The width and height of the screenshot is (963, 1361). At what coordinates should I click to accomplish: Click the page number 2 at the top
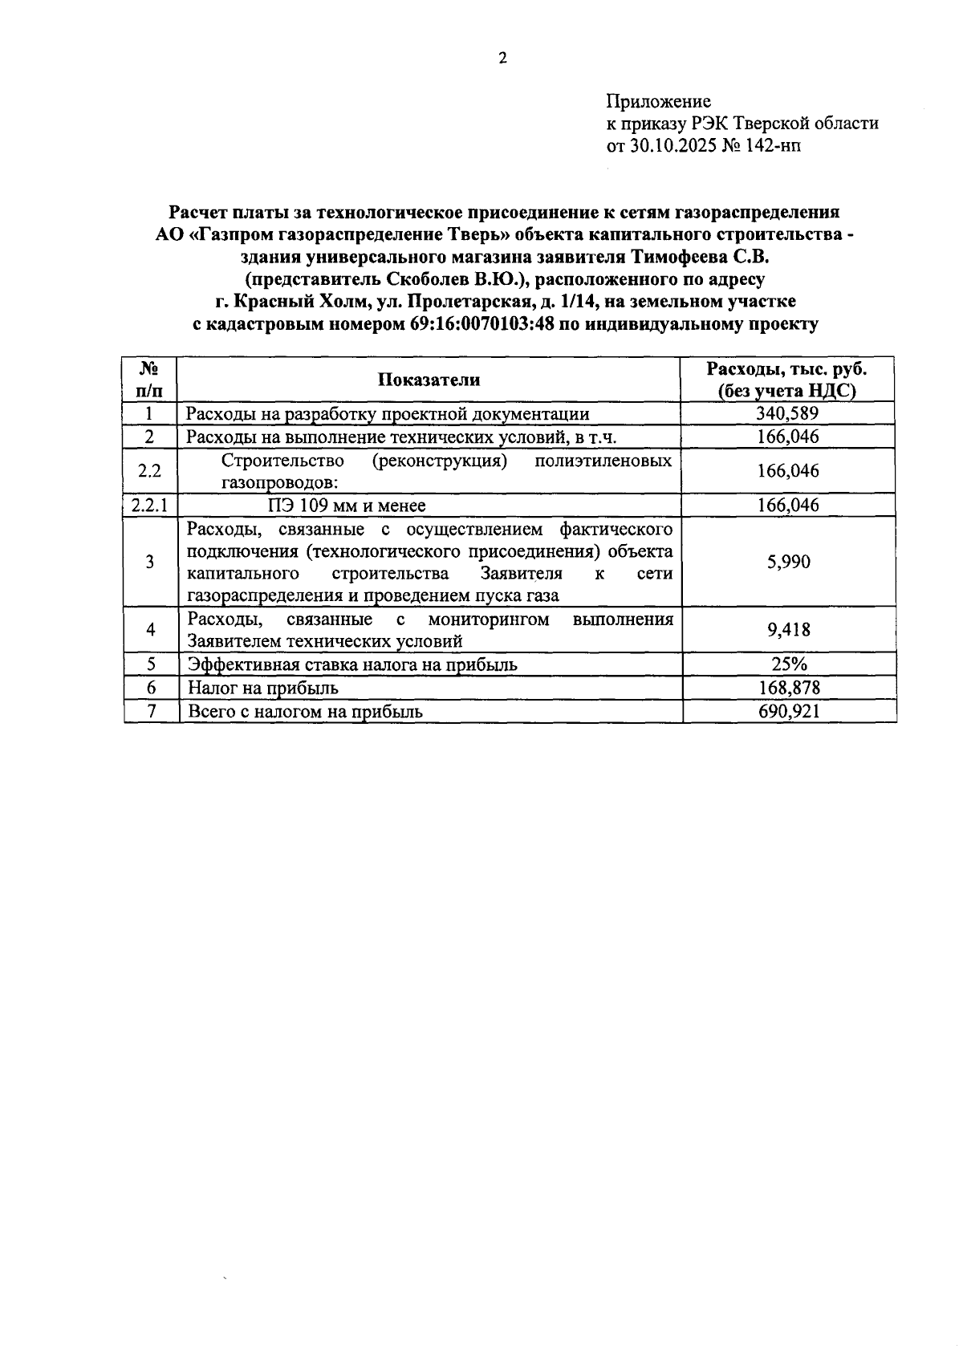click(x=502, y=59)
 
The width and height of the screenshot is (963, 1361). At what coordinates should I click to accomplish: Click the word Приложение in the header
click(x=658, y=101)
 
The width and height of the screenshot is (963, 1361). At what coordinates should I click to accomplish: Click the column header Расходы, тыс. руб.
click(x=787, y=369)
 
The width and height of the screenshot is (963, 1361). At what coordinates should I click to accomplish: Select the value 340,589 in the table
click(x=787, y=414)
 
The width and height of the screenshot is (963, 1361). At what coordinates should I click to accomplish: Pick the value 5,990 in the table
click(x=788, y=562)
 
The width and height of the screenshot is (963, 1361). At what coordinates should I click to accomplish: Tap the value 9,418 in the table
click(x=788, y=630)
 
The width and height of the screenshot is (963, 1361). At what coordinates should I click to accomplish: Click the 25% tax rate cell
click(x=788, y=664)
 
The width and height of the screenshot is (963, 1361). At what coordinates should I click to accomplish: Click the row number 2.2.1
click(x=149, y=506)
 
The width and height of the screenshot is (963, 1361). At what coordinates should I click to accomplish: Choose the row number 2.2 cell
click(x=149, y=471)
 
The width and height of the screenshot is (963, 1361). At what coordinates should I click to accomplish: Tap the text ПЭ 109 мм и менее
click(x=347, y=506)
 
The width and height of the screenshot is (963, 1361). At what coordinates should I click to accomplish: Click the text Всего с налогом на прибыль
click(x=305, y=712)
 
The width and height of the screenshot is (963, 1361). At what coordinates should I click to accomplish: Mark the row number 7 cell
click(x=151, y=712)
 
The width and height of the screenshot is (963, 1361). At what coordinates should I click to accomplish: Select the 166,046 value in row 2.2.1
click(x=788, y=506)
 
